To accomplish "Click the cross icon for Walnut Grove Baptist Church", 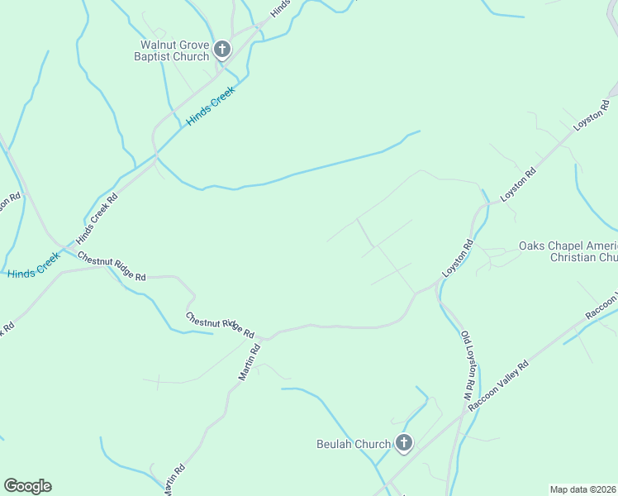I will pos(221,50).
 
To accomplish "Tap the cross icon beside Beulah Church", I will pos(403,444).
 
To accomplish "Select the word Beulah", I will pos(335,444).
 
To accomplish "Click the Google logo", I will pos(27,486).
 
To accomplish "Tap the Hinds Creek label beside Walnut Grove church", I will pos(210,106).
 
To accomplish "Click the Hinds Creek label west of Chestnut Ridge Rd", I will pos(33,265).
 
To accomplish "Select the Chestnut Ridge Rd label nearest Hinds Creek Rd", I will pos(112,266).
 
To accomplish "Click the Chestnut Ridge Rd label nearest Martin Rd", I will pos(220,325).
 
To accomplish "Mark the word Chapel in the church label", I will pos(568,246).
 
